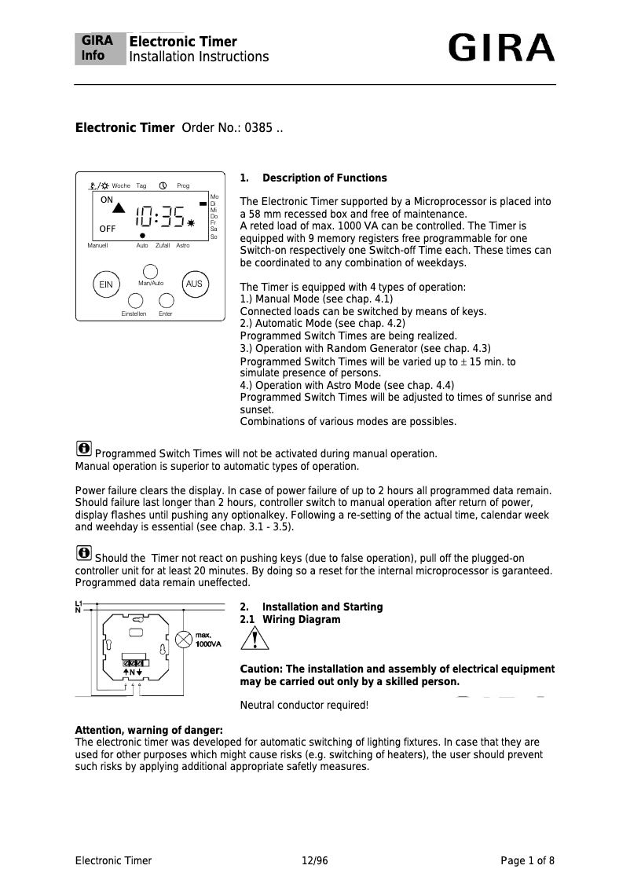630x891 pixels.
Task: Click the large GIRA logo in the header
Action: (x=501, y=49)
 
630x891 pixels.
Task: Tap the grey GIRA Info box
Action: (x=100, y=49)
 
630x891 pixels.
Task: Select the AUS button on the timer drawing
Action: (x=193, y=284)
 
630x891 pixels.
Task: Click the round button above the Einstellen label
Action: (x=135, y=300)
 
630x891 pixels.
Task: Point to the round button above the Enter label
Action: (x=166, y=300)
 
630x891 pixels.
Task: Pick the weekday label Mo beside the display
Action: (x=214, y=196)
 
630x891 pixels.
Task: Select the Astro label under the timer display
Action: (x=182, y=246)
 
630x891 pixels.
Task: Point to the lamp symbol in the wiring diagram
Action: (x=183, y=640)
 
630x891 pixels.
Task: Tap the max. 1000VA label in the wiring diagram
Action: (x=207, y=640)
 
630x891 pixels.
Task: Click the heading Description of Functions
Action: (x=324, y=178)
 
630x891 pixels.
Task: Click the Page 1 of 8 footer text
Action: (x=527, y=860)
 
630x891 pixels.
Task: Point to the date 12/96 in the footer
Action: (x=314, y=860)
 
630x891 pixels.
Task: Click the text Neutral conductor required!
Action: (x=303, y=705)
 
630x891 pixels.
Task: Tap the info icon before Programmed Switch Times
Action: (x=83, y=449)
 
